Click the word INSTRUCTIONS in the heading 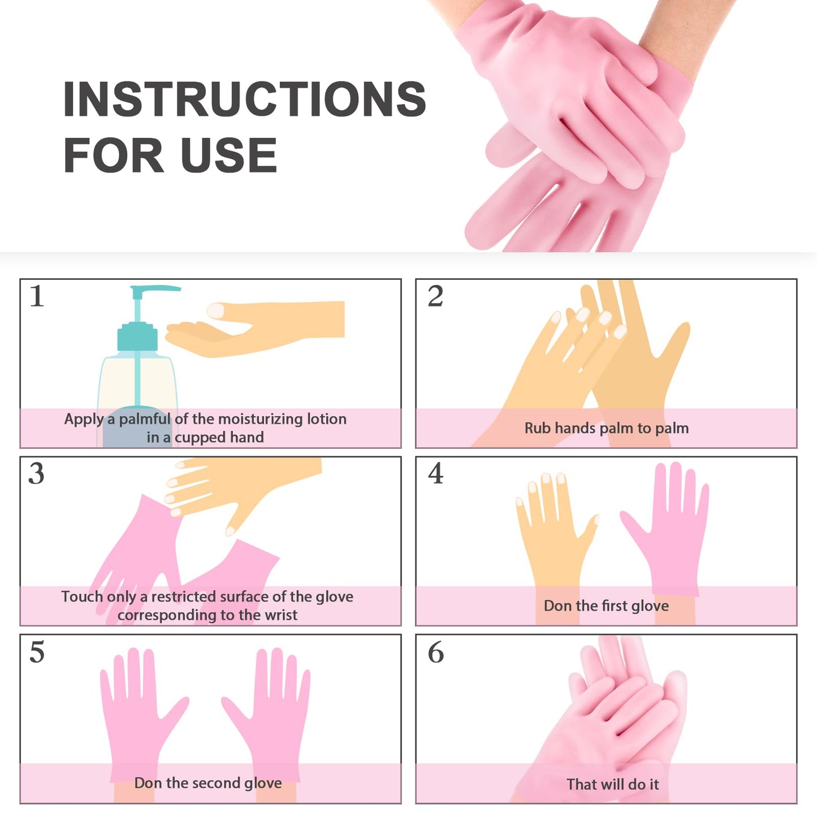(x=245, y=99)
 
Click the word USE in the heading (x=229, y=155)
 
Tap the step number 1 (x=37, y=296)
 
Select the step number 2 (x=435, y=296)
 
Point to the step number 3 (x=36, y=474)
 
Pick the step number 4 (x=436, y=473)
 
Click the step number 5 (x=37, y=652)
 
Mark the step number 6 (x=436, y=652)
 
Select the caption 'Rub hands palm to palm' (x=606, y=428)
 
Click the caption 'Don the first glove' (x=606, y=606)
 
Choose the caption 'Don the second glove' (x=208, y=783)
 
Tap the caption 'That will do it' (x=613, y=784)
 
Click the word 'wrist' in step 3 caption (x=280, y=615)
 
